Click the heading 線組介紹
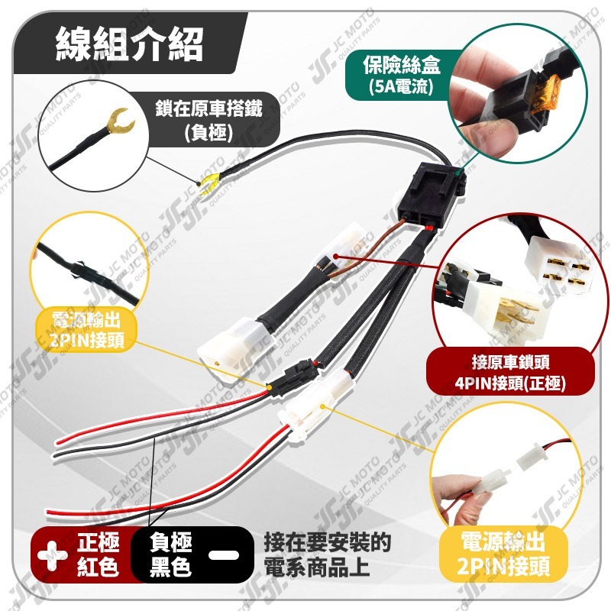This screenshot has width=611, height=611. pyautogui.click(x=129, y=45)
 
